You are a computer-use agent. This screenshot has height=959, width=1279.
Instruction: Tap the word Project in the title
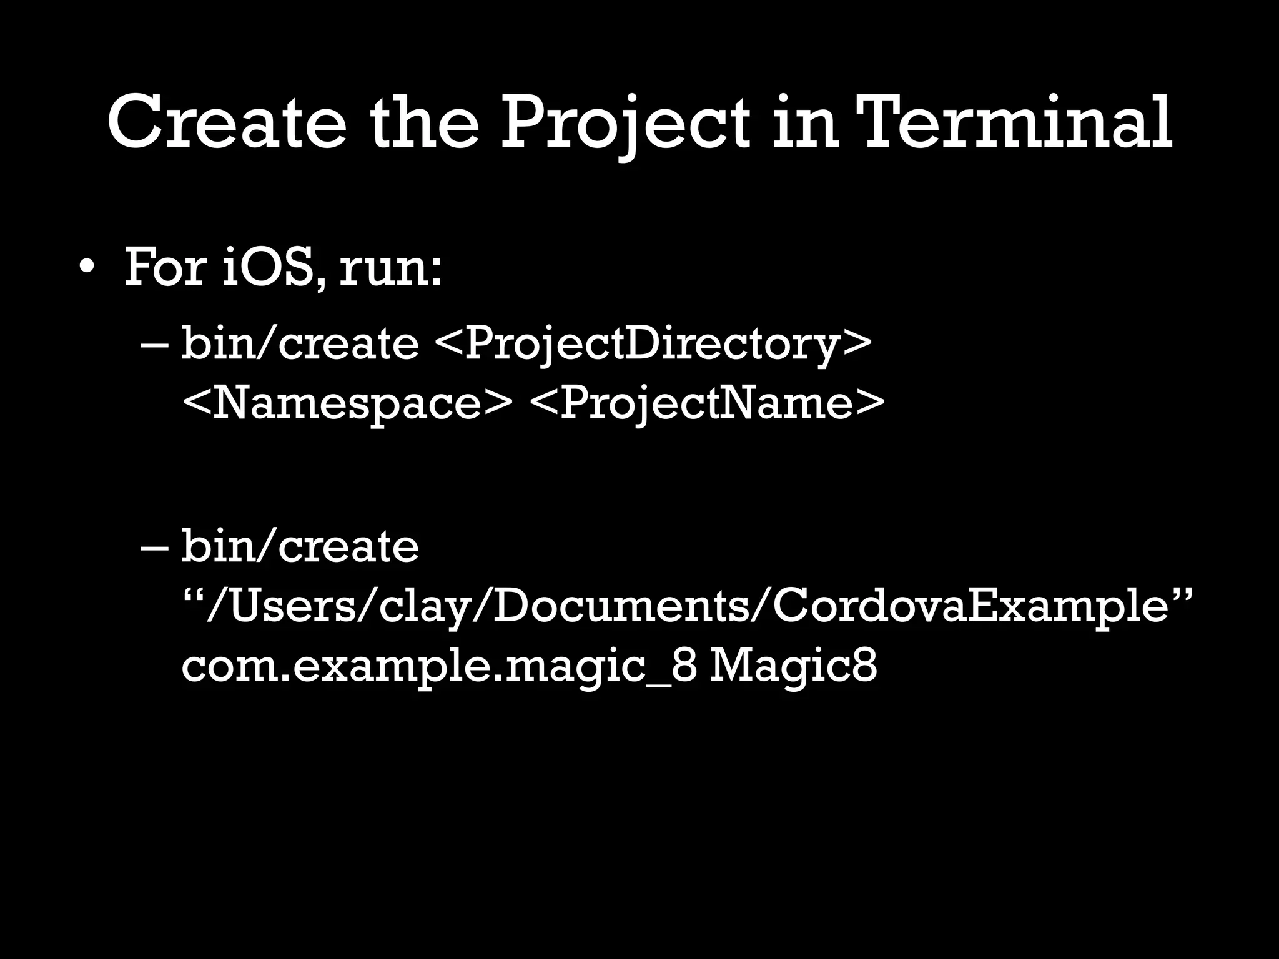tap(626, 122)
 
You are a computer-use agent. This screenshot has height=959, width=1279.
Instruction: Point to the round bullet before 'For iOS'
tap(87, 267)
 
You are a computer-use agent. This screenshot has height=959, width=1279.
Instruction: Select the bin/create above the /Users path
tap(300, 545)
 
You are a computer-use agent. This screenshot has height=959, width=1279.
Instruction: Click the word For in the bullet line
tap(165, 267)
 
